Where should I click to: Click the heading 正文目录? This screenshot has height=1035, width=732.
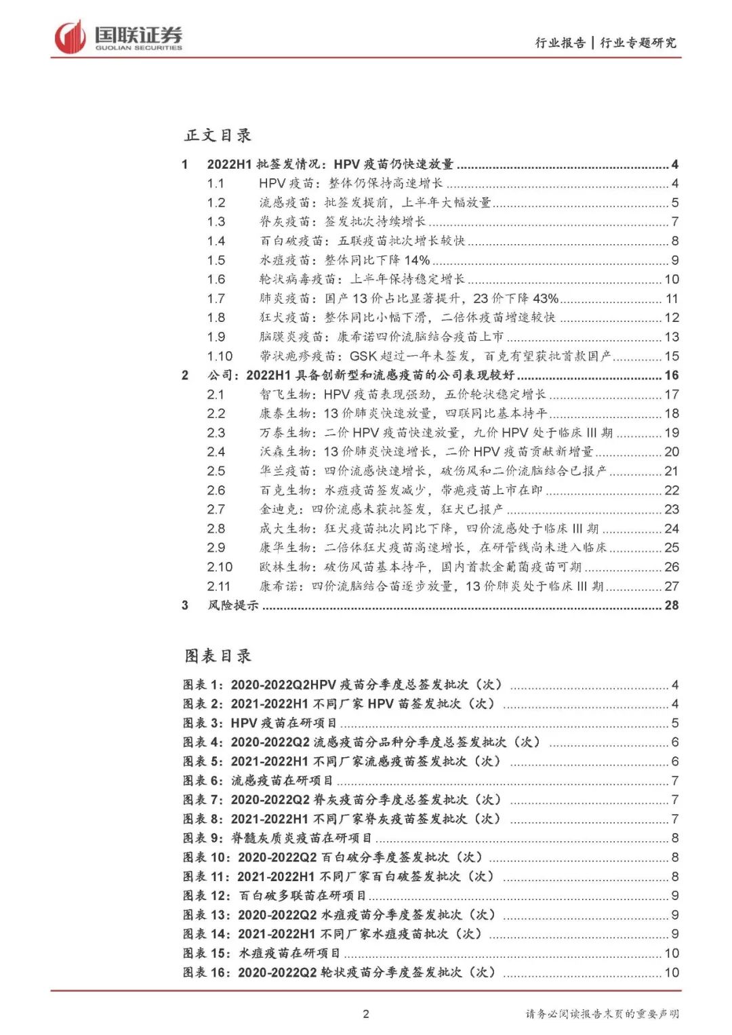[x=218, y=135]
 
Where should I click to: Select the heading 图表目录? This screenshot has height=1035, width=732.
[x=218, y=655]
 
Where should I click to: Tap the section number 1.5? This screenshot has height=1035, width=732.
[x=216, y=260]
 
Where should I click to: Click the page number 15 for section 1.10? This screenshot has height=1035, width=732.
[x=671, y=356]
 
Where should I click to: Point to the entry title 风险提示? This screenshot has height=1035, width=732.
[x=233, y=605]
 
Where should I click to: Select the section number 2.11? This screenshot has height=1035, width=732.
[x=218, y=586]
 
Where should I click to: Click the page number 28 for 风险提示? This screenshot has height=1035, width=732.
[x=671, y=605]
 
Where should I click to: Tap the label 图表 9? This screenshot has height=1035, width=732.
[x=202, y=838]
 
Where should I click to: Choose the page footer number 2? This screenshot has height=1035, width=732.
[x=366, y=1014]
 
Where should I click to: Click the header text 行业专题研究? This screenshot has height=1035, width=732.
[x=638, y=43]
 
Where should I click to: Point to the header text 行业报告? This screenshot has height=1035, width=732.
[x=560, y=43]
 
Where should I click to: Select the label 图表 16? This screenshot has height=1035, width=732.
[x=205, y=972]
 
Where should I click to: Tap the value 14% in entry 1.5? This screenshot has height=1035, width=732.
[x=418, y=260]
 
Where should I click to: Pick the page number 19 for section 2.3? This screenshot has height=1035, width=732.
[x=671, y=432]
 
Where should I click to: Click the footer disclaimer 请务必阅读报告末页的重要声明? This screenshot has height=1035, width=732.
[x=602, y=1014]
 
